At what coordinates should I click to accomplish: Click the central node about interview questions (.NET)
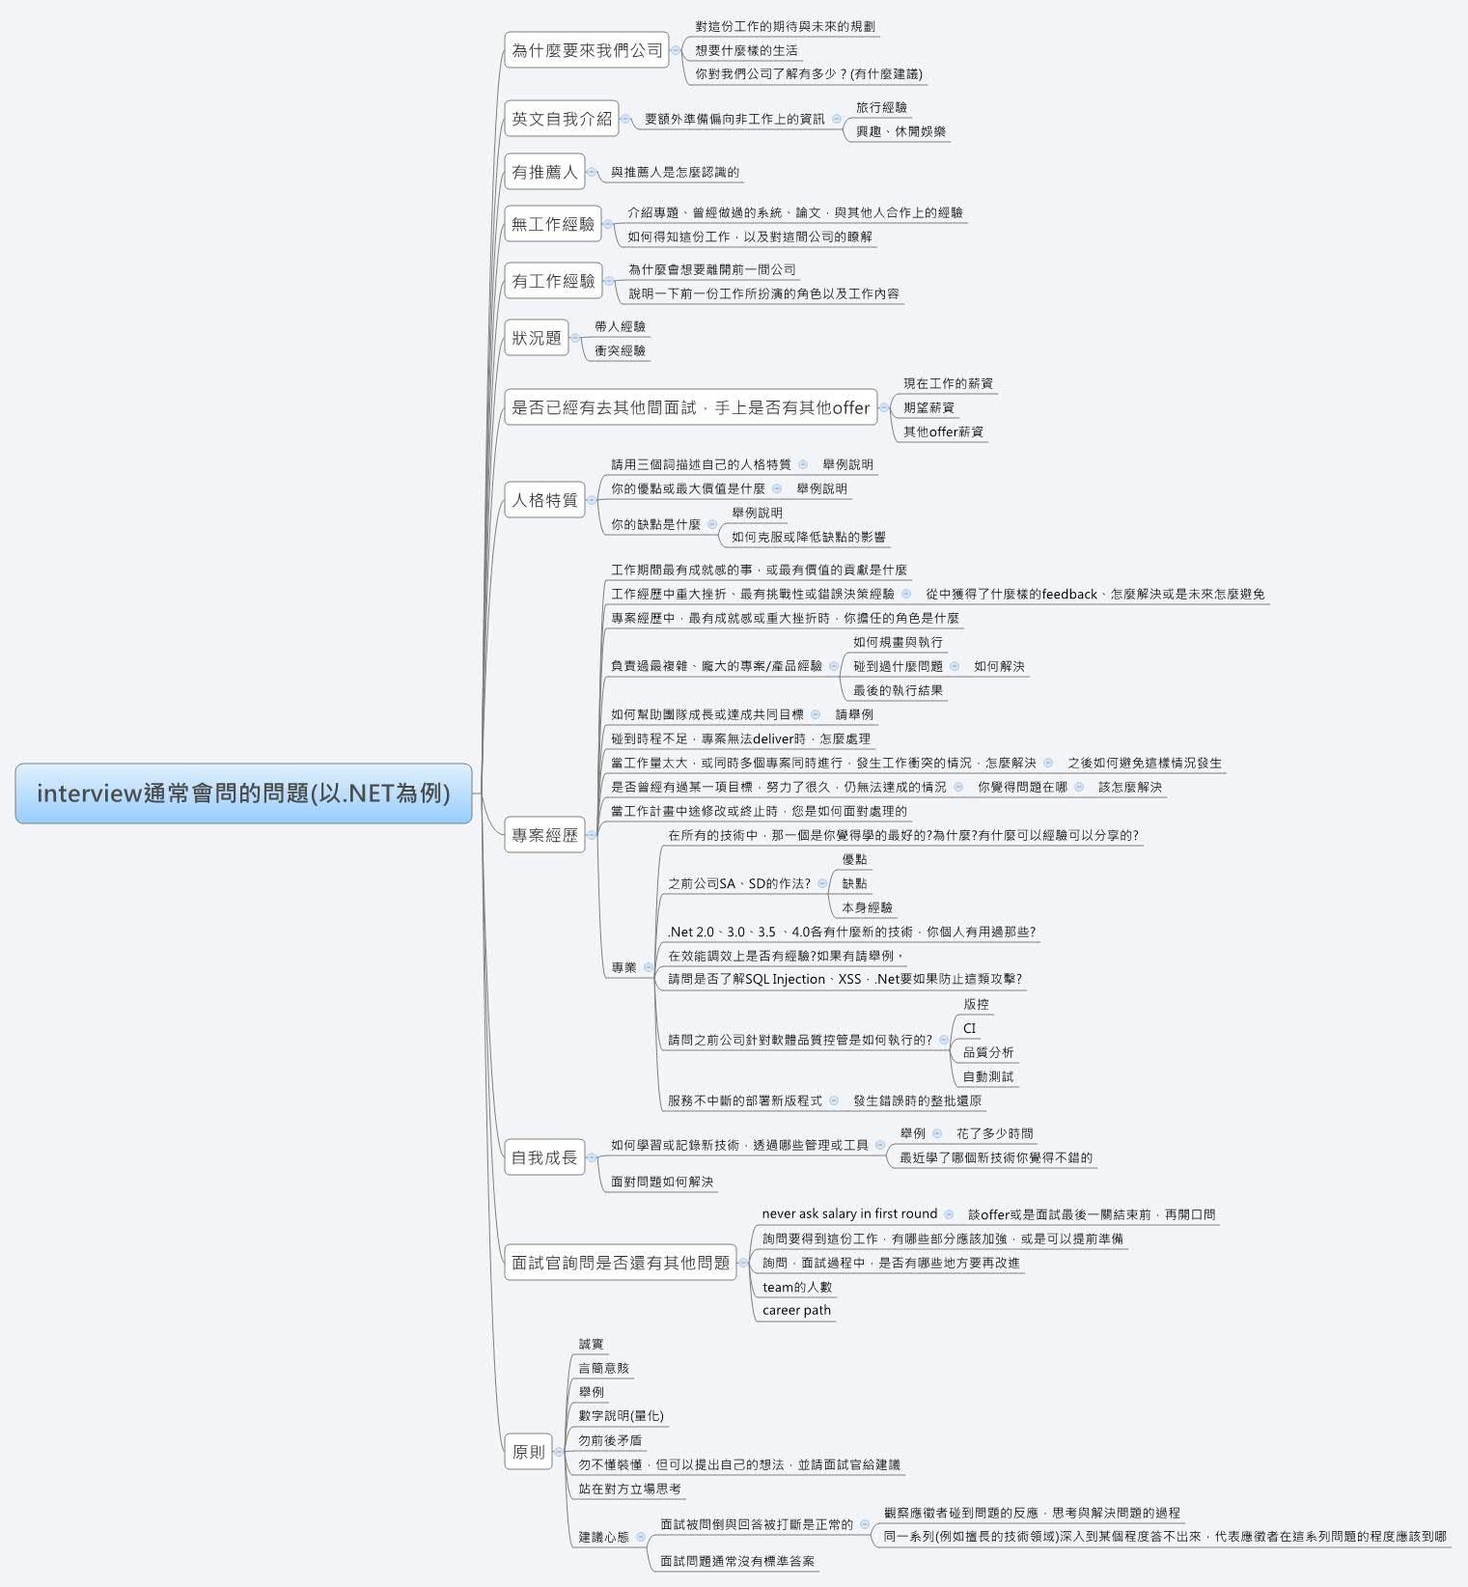243,793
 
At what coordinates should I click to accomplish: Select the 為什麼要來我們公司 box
587,50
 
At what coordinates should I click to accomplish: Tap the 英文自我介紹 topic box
561,119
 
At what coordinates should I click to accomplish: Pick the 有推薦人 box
544,172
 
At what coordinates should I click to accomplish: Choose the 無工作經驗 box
553,224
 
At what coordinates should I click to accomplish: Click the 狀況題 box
536,338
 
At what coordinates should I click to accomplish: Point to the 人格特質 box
544,500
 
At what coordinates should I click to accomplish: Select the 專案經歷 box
544,835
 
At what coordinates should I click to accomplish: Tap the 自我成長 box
544,1157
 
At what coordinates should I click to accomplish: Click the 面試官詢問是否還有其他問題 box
620,1263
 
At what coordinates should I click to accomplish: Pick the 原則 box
528,1451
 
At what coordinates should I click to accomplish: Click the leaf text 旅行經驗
881,107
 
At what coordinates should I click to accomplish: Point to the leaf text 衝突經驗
620,350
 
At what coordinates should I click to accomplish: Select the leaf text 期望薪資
928,407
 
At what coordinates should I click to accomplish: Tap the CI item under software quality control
969,1028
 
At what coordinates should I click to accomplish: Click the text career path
796,1310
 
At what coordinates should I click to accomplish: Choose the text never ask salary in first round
849,1213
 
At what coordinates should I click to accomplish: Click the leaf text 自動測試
987,1076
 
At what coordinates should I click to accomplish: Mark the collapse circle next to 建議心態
642,1537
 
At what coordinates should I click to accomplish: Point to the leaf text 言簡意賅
603,1368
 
